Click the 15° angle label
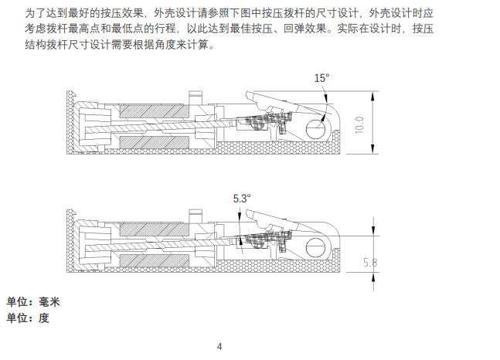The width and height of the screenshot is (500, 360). [x=321, y=78]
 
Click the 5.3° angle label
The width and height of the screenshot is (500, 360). [x=242, y=199]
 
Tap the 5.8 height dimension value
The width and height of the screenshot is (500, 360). [x=370, y=263]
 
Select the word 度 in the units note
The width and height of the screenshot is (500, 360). [x=44, y=318]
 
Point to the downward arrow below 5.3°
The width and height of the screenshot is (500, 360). [x=241, y=241]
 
